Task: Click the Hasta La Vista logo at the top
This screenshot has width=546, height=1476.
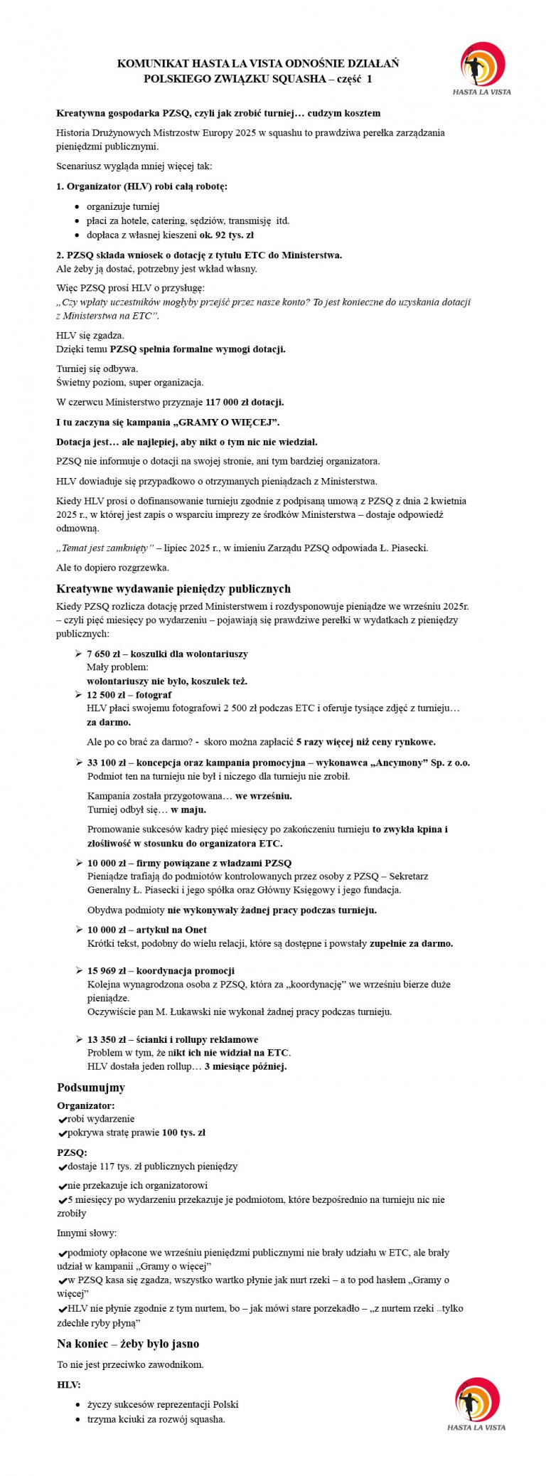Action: (483, 68)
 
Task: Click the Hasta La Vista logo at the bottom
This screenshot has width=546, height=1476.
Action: (477, 1403)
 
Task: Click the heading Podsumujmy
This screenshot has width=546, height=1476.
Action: (91, 1088)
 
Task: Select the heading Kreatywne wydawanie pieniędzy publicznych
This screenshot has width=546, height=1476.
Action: (173, 589)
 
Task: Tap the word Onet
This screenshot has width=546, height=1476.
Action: (196, 930)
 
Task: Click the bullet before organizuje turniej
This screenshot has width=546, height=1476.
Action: (77, 207)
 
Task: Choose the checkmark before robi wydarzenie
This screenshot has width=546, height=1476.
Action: (62, 1120)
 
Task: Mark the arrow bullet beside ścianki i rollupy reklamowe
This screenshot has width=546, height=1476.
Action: (78, 1039)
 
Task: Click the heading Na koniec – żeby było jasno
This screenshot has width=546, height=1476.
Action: (128, 1344)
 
